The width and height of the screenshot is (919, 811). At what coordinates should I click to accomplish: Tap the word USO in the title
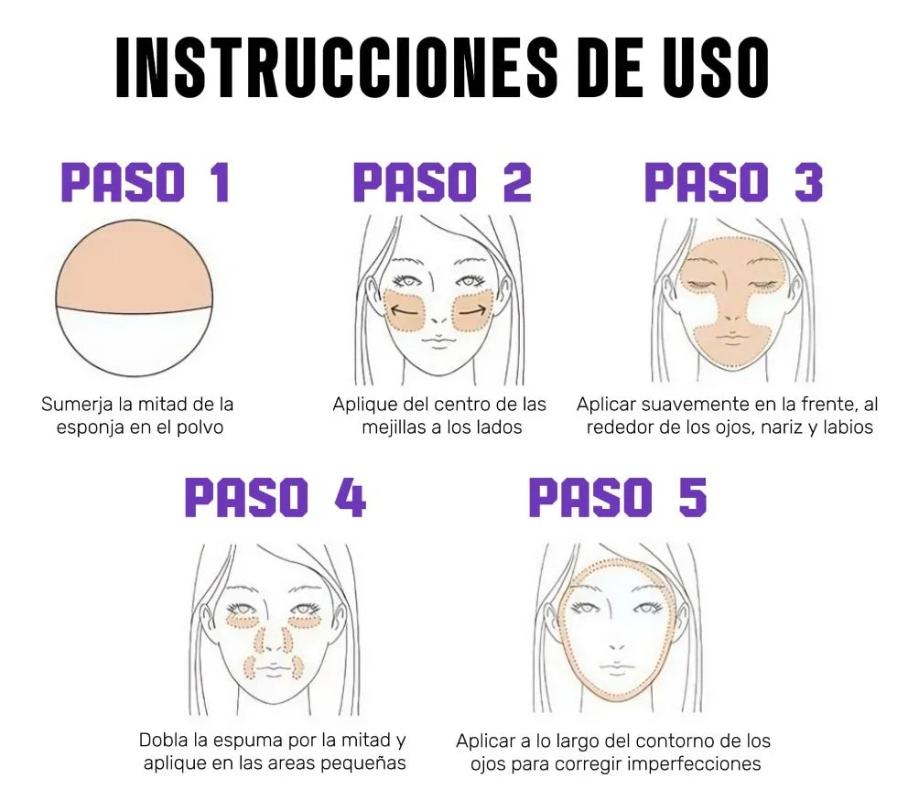click(717, 68)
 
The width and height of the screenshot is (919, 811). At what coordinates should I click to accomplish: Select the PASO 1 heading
click(145, 182)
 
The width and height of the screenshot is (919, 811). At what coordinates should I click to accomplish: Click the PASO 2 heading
click(442, 182)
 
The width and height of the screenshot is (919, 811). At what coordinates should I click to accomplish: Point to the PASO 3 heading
click(734, 182)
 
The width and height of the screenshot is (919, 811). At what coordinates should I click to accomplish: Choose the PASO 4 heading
click(276, 498)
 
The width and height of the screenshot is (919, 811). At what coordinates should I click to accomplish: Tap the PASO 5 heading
click(618, 498)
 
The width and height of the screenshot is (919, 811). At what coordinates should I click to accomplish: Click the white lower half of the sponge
click(135, 343)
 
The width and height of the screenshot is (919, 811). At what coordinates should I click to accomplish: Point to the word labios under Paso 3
click(849, 427)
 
